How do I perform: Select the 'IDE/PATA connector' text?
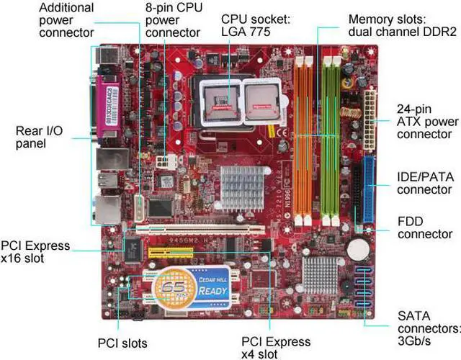(x=424, y=183)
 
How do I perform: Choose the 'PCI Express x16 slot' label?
(x=35, y=251)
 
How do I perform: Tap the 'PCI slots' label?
(x=122, y=343)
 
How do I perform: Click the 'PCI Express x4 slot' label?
(x=276, y=348)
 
